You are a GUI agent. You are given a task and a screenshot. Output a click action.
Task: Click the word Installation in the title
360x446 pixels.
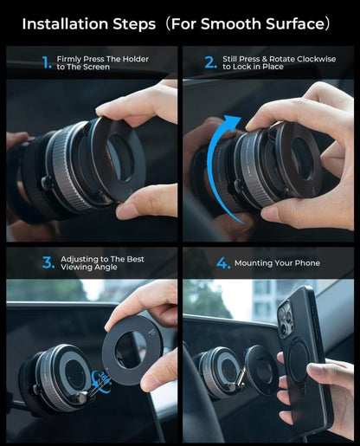[69, 23]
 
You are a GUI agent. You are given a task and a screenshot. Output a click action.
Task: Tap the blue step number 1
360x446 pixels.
[46, 62]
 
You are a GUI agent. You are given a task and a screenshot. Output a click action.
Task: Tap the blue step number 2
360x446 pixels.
[210, 62]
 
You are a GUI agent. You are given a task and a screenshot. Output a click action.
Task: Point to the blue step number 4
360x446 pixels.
[222, 262]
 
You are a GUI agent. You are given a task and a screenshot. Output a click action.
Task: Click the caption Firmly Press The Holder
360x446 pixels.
[103, 59]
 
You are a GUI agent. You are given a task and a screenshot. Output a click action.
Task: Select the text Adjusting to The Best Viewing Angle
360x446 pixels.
[102, 263]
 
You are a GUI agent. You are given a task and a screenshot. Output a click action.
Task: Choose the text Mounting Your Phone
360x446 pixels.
[282, 263]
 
